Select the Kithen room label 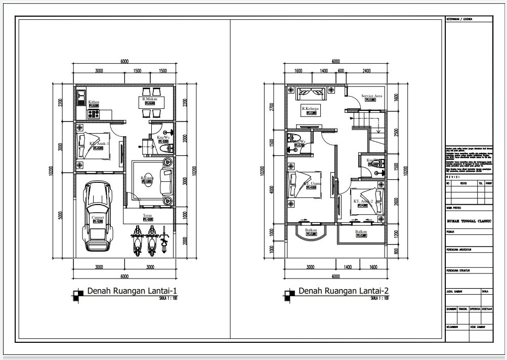click(x=94, y=102)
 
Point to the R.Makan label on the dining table click(x=150, y=99)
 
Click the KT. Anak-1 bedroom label click(x=99, y=144)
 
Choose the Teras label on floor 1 click(x=148, y=215)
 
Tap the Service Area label click(x=371, y=96)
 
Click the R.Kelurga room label click(x=310, y=109)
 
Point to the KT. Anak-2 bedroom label click(x=363, y=201)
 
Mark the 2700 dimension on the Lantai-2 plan click(x=272, y=107)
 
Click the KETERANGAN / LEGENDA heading click(x=459, y=19)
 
